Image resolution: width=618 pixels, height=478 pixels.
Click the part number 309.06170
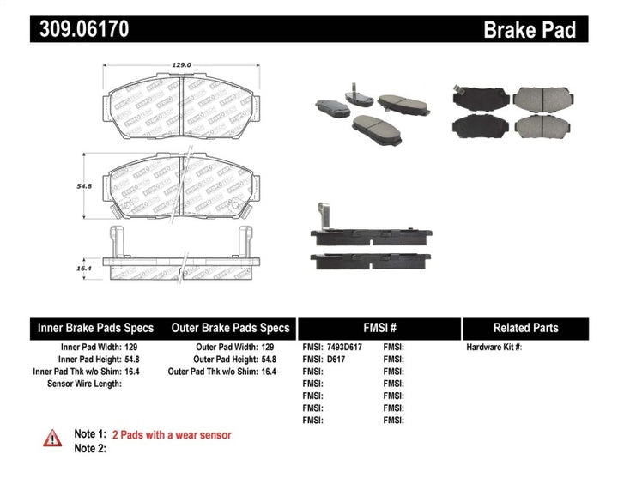[82, 29]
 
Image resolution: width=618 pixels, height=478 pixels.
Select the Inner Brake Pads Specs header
[95, 328]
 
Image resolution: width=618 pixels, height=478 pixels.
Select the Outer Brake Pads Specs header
[229, 328]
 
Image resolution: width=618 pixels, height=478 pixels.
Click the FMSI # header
[379, 328]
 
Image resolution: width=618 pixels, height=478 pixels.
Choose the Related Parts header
[525, 328]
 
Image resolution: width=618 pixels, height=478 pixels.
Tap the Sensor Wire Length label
[84, 384]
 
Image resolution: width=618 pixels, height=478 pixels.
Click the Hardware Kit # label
[494, 348]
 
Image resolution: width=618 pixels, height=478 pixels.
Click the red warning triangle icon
[52, 438]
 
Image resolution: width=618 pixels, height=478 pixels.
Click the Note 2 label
[90, 448]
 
